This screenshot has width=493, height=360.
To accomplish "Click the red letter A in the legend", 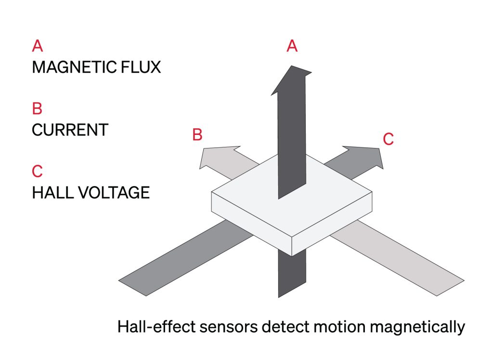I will tap(38, 46).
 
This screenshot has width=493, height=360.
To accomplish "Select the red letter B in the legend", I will tap(38, 109).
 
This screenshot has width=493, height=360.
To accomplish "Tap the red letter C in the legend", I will tap(38, 171).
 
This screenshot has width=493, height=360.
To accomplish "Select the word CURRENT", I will tap(70, 130).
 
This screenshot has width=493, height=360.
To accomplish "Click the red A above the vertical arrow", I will tap(292, 46).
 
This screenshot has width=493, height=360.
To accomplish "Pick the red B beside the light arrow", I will tap(197, 135).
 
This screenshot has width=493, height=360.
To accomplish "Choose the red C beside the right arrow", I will tap(389, 139).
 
